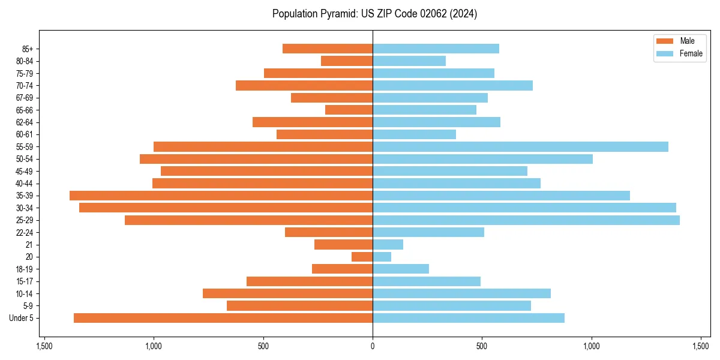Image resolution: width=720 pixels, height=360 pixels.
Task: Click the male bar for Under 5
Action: click(x=223, y=318)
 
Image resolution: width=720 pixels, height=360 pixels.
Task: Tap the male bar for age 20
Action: click(x=362, y=257)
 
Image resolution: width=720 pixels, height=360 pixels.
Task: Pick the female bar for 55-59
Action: click(x=520, y=147)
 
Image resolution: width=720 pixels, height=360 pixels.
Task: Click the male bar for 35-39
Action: click(x=221, y=196)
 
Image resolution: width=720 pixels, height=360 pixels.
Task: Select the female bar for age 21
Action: click(x=388, y=245)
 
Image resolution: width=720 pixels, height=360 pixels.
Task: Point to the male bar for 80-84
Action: click(x=347, y=61)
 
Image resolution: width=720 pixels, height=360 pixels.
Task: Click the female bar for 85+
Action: click(x=436, y=49)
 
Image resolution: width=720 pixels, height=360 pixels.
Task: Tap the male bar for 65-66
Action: click(x=349, y=110)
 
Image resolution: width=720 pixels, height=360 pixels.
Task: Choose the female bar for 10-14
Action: click(x=461, y=293)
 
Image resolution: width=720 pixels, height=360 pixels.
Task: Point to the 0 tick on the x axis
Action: click(x=373, y=346)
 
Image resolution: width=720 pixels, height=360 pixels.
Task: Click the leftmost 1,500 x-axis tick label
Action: click(x=44, y=346)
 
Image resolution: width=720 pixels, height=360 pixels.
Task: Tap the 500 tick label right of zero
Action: click(x=482, y=346)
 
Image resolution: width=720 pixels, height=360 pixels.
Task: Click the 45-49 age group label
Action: click(x=25, y=171)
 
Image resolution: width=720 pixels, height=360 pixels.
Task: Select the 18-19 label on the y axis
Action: click(x=25, y=269)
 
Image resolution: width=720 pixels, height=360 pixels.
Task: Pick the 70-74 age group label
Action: click(x=25, y=86)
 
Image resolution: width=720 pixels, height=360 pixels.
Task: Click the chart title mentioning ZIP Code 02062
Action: click(x=374, y=14)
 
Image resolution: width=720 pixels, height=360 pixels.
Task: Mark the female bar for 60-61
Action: click(x=414, y=134)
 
